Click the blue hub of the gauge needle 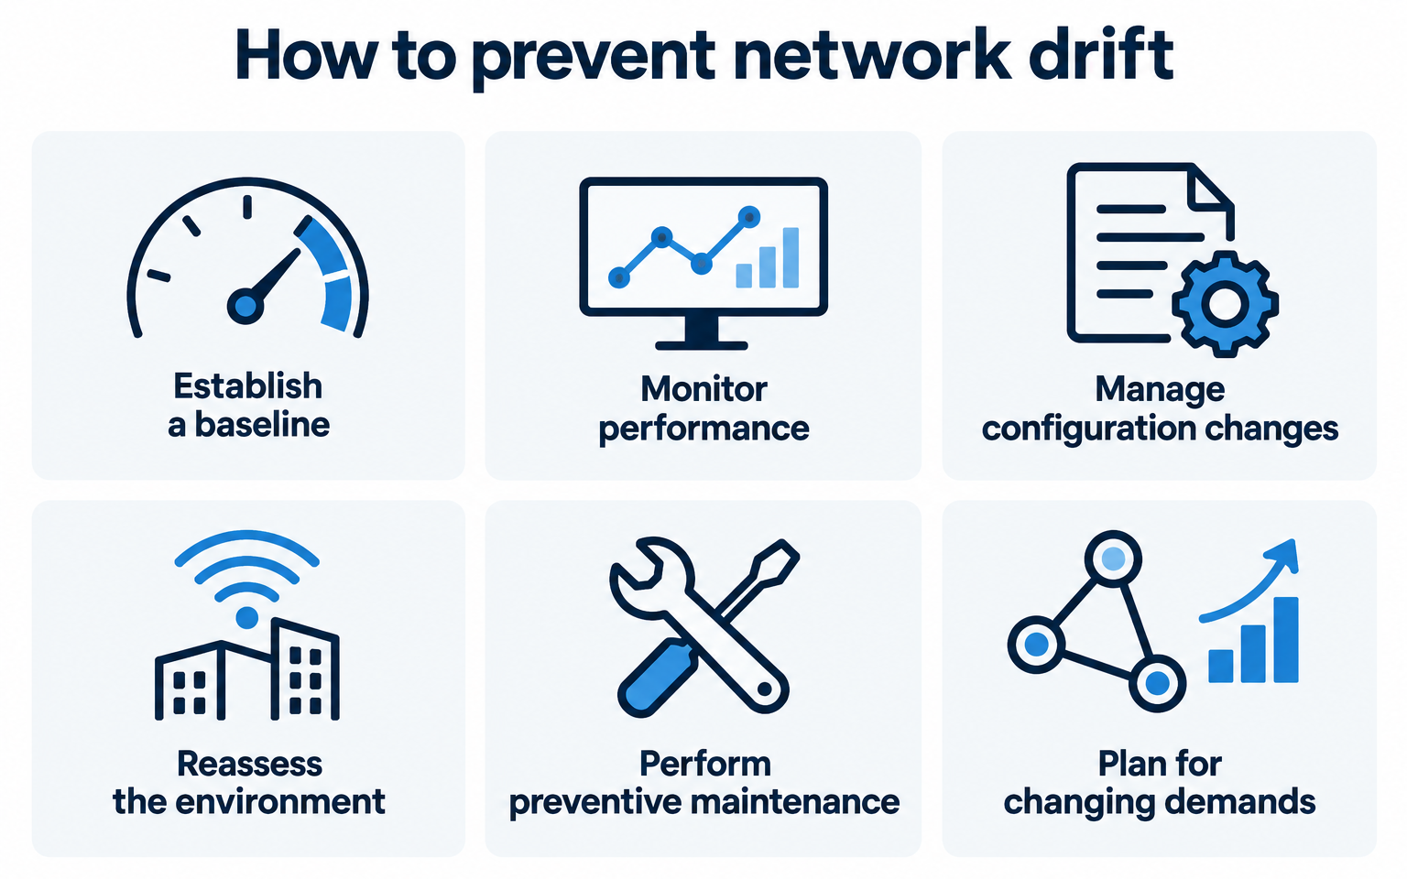[245, 306]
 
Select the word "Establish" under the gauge [247, 385]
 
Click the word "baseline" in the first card [262, 425]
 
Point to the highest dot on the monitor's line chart [748, 217]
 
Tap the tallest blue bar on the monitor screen [791, 257]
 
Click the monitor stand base [702, 345]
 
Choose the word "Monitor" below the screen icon [703, 388]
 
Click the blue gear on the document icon [1225, 304]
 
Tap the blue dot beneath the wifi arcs [246, 618]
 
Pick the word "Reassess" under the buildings [249, 764]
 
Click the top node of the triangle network [1113, 559]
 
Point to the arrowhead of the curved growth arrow [1283, 554]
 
